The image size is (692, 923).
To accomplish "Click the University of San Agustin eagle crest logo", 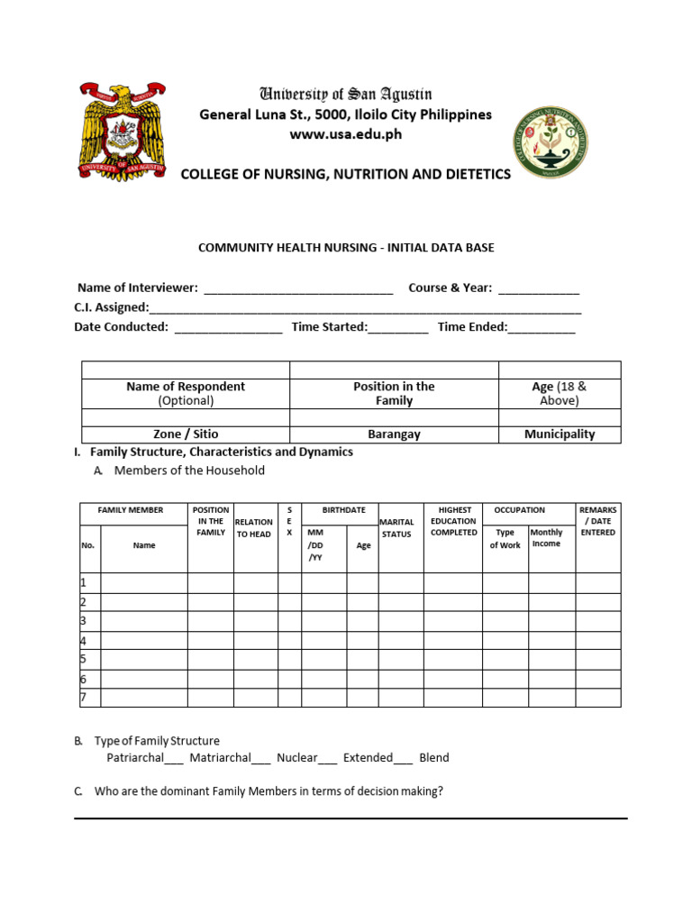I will point(122,132).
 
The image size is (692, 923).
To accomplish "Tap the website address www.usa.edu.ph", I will point(345,134).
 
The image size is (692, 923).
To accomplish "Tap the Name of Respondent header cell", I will point(186,393).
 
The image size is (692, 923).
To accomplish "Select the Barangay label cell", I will point(394,434).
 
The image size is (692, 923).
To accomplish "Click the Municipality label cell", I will point(560,434).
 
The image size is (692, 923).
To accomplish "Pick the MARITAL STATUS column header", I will point(396,528).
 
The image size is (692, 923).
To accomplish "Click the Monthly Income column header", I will point(546,538).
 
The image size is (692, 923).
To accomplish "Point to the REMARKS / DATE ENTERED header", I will point(598,521).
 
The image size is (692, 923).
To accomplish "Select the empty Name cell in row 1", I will point(143,583).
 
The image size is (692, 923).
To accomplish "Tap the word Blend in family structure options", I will point(433,758).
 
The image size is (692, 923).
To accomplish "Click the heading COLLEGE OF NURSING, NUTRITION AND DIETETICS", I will point(345,174).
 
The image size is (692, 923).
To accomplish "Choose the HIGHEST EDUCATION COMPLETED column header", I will point(453,521).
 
